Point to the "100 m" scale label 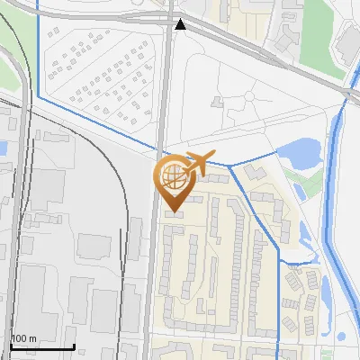(23, 338)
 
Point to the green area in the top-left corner (7, 72)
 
